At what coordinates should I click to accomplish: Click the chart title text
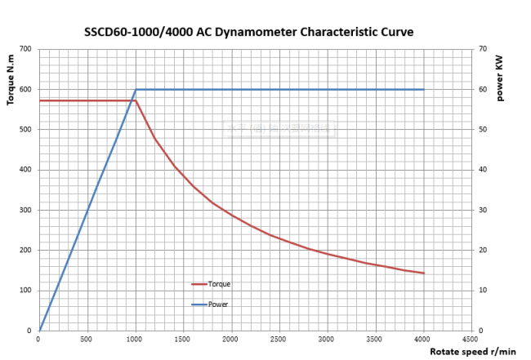249,33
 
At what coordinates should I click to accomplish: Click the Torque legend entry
218,284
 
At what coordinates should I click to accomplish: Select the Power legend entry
217,304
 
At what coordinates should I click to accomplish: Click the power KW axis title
499,77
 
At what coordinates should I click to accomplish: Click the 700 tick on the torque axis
25,49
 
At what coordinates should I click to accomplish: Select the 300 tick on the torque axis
25,210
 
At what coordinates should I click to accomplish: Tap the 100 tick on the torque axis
25,291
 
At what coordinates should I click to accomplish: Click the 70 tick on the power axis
484,49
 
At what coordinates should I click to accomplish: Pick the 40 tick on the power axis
484,170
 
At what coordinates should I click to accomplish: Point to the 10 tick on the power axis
484,291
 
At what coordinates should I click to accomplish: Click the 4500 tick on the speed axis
471,338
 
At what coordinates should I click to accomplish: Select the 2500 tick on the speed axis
279,338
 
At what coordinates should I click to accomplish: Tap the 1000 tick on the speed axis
135,338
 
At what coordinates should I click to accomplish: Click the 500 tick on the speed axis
87,338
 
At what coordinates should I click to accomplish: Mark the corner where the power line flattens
136,89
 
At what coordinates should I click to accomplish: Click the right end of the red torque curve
424,273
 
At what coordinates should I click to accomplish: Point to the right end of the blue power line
424,89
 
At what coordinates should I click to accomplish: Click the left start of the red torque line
39,100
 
